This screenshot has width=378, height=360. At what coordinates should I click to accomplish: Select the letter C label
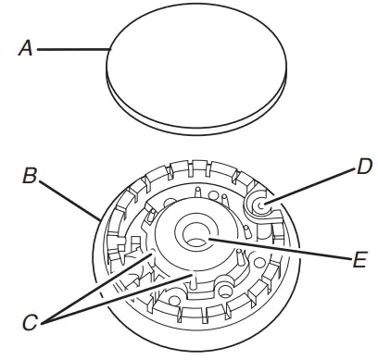(31, 323)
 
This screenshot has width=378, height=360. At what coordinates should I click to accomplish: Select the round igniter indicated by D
(258, 205)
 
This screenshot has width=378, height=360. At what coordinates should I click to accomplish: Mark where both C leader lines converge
(45, 320)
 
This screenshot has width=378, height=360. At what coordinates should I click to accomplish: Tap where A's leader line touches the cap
(109, 51)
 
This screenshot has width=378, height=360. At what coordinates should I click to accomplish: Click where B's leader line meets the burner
(100, 219)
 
